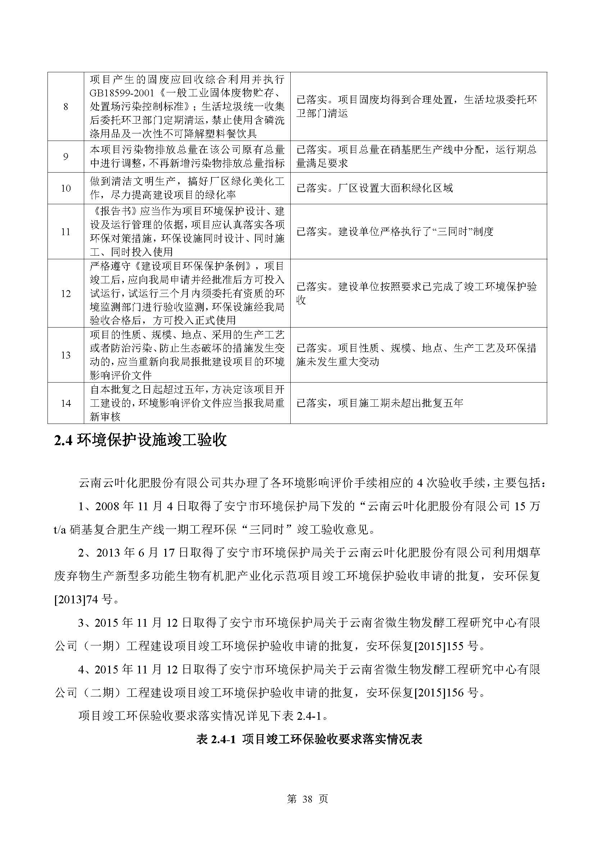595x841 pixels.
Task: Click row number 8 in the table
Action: coord(66,106)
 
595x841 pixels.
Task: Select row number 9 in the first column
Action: coord(66,157)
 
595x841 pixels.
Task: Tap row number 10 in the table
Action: coord(66,188)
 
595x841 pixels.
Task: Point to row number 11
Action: coord(66,232)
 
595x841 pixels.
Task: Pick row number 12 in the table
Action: coord(66,294)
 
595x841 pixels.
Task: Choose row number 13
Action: coord(66,355)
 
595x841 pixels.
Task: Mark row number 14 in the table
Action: coord(66,403)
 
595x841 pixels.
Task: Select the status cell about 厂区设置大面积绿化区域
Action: coord(374,188)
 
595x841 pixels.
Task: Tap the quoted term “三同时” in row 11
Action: coord(451,232)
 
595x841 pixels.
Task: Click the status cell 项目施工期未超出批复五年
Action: coord(380,403)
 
